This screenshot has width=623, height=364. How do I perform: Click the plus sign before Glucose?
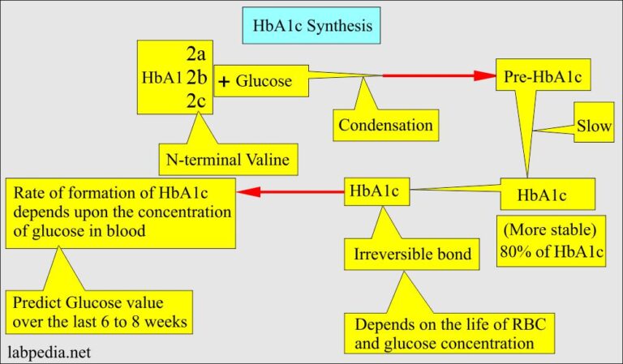click(x=225, y=81)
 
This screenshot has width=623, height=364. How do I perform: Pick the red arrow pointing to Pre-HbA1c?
click(x=439, y=76)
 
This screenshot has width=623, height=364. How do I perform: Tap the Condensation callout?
click(x=385, y=125)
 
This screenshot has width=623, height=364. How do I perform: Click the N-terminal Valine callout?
click(x=229, y=158)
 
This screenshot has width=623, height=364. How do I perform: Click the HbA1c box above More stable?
click(x=546, y=195)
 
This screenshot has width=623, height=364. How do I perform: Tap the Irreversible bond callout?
click(x=412, y=254)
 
